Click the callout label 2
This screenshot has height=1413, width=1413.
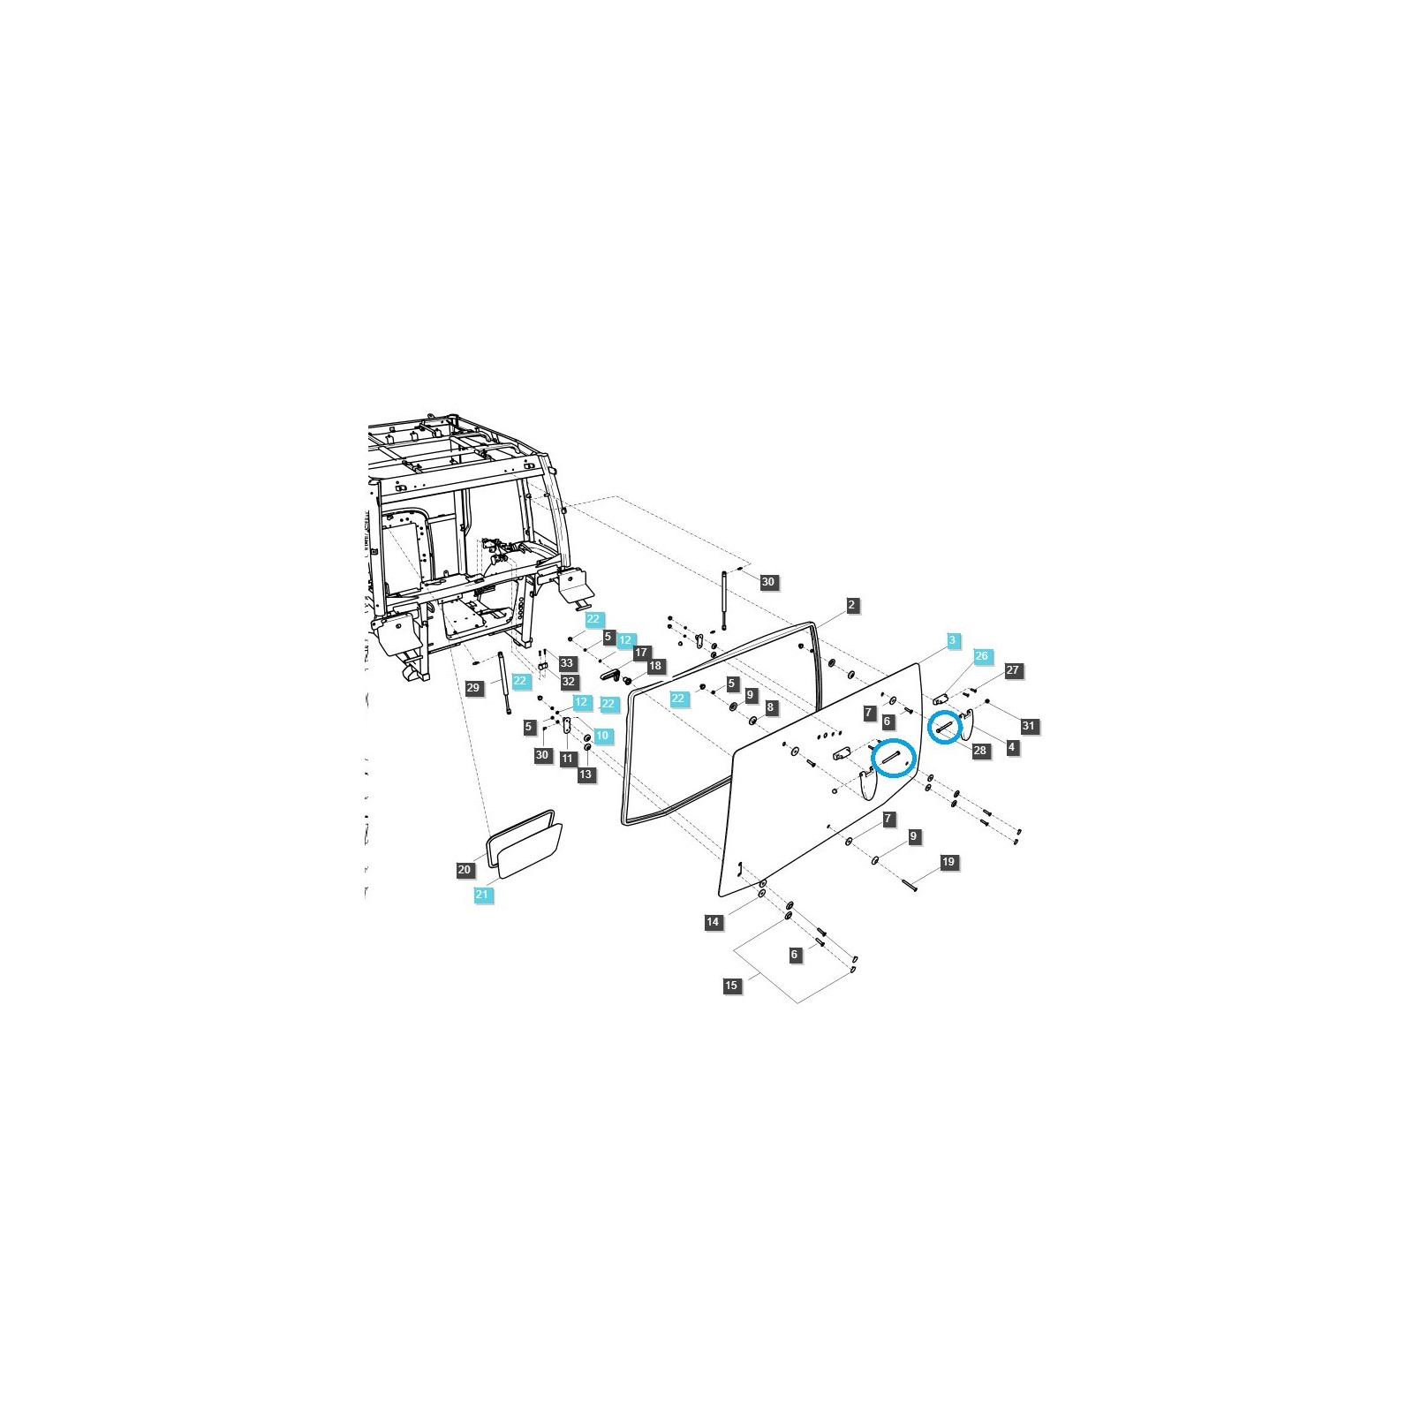click(x=851, y=605)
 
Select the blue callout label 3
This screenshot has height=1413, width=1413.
click(x=952, y=639)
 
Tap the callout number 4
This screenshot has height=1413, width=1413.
click(x=1012, y=747)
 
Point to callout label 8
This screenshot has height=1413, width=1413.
click(x=771, y=707)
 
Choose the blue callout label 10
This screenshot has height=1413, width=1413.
click(x=602, y=735)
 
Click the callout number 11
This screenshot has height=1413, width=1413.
click(x=568, y=759)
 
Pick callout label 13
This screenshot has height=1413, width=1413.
click(x=586, y=775)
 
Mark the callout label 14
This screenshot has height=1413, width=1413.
click(x=713, y=922)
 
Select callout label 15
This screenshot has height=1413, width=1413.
click(x=731, y=986)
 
